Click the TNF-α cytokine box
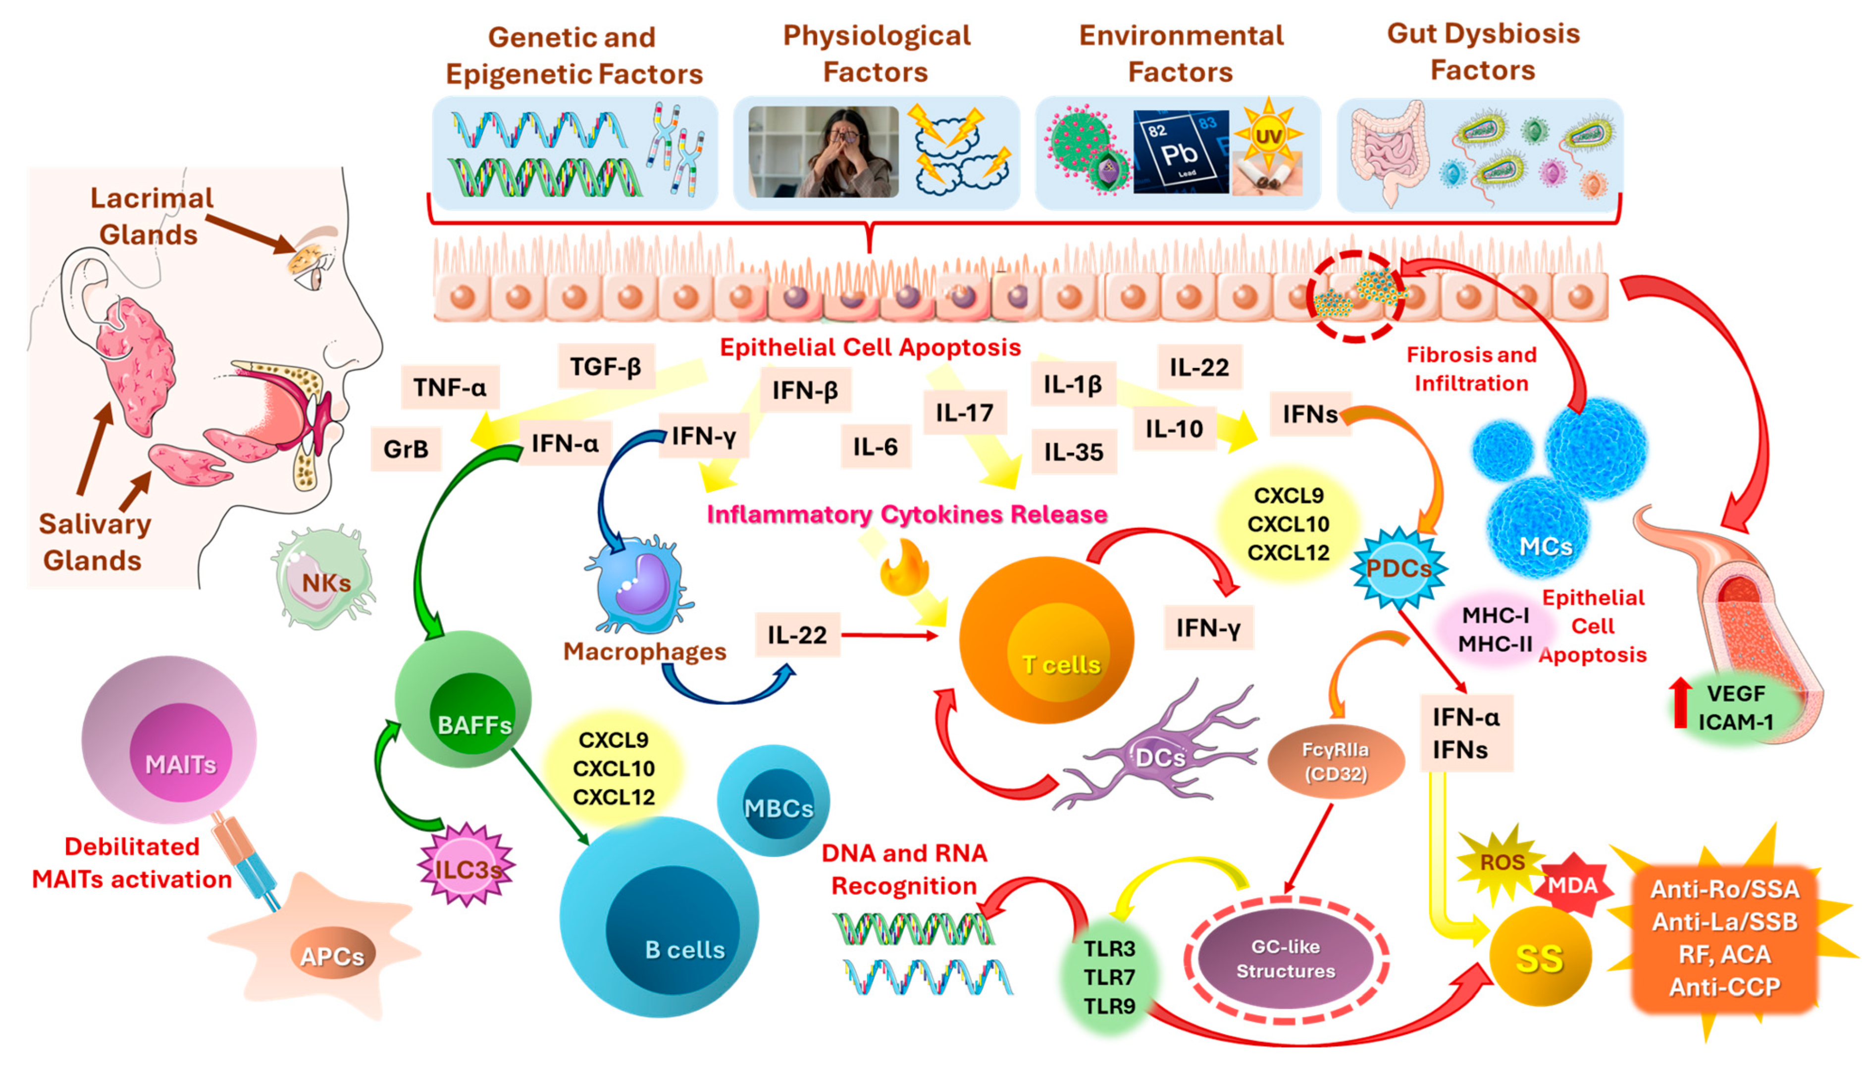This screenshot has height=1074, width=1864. (449, 387)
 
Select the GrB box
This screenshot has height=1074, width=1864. (406, 448)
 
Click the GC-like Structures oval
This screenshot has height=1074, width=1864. (1286, 959)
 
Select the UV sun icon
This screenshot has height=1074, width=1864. (1268, 136)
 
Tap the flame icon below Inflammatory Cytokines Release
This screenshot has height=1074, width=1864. (905, 568)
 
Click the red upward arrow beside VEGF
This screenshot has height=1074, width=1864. (1681, 701)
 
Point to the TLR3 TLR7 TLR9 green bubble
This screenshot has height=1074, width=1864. (1108, 976)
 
